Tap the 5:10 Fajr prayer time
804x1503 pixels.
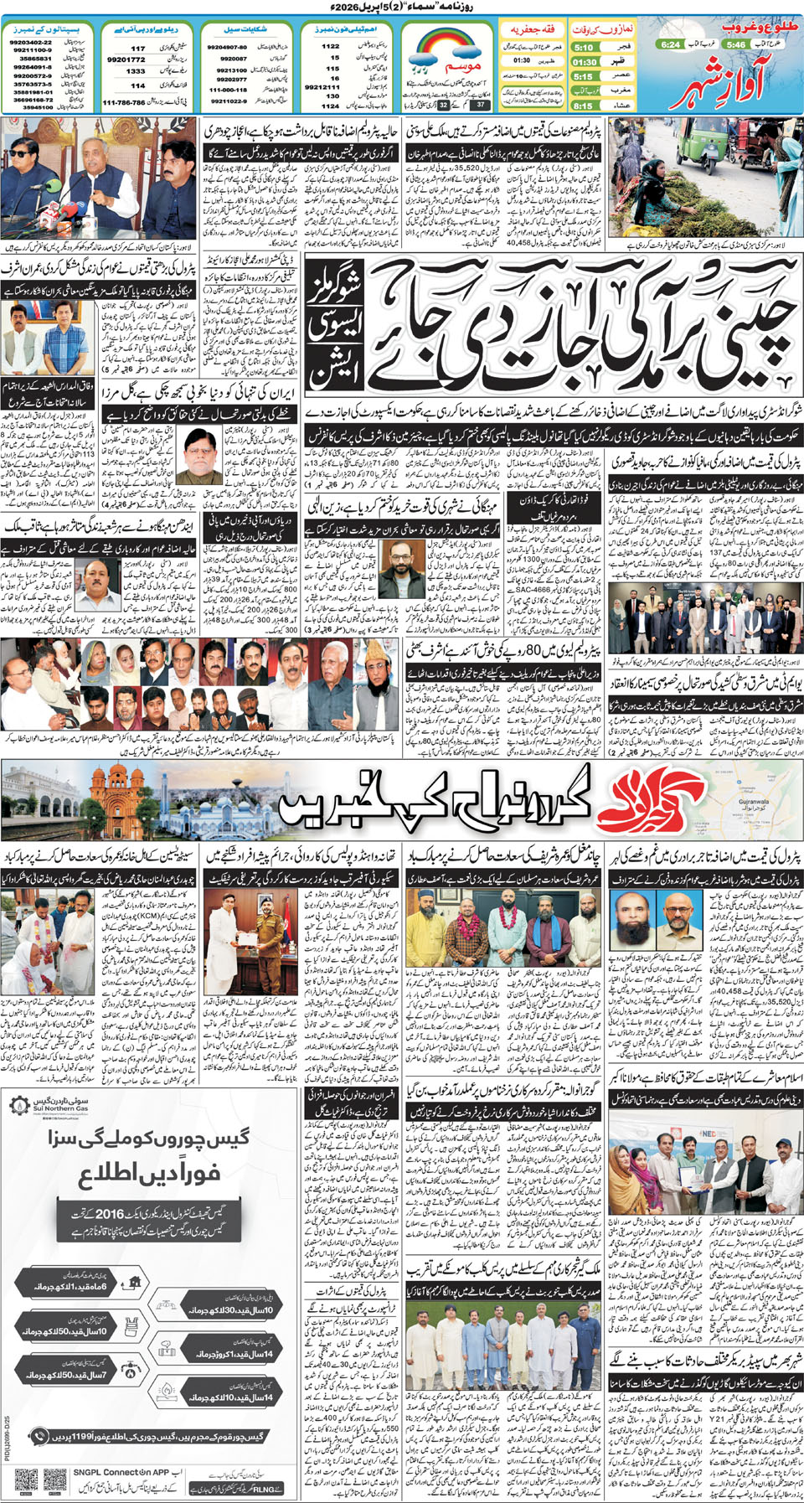[x=584, y=48]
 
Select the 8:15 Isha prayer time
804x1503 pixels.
[x=583, y=106]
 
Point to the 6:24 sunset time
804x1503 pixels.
[x=671, y=44]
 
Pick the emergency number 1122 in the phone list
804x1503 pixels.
[x=331, y=47]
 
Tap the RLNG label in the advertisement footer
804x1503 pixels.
[x=268, y=1488]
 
